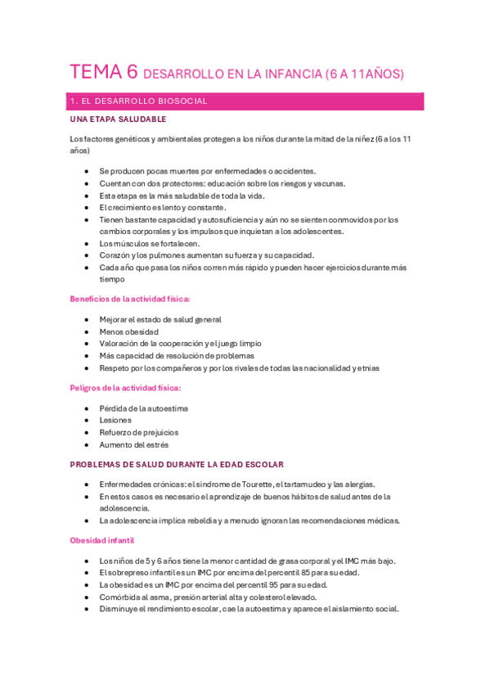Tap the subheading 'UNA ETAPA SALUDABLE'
pyautogui.click(x=118, y=119)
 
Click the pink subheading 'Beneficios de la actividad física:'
pyautogui.click(x=130, y=300)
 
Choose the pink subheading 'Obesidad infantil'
pyautogui.click(x=102, y=540)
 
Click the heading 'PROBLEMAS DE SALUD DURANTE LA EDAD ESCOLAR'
pyautogui.click(x=177, y=465)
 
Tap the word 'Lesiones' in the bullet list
pyautogui.click(x=115, y=420)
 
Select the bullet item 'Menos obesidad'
pyautogui.click(x=128, y=331)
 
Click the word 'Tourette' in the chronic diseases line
pyautogui.click(x=266, y=484)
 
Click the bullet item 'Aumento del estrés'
pyautogui.click(x=134, y=444)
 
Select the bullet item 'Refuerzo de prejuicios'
pyautogui.click(x=139, y=432)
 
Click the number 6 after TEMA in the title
pyautogui.click(x=132, y=72)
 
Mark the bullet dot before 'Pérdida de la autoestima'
pyautogui.click(x=88, y=408)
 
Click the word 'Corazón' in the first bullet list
pyautogui.click(x=115, y=255)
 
